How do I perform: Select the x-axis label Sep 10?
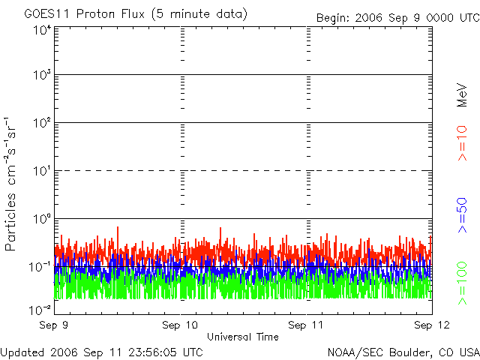tap(181, 326)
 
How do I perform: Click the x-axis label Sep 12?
tap(432, 326)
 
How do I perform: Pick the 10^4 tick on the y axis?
tap(41, 31)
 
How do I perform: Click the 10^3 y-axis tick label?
tap(41, 76)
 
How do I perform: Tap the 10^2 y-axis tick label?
tap(41, 124)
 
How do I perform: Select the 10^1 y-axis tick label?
tap(41, 172)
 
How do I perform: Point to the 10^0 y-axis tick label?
tap(41, 220)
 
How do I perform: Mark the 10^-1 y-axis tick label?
tap(40, 267)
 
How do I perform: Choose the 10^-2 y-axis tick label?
tap(40, 310)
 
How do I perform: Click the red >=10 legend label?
tap(463, 143)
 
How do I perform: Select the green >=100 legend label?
tap(463, 283)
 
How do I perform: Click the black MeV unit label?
tap(463, 95)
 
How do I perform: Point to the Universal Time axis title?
tap(243, 337)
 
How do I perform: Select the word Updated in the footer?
tap(23, 352)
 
